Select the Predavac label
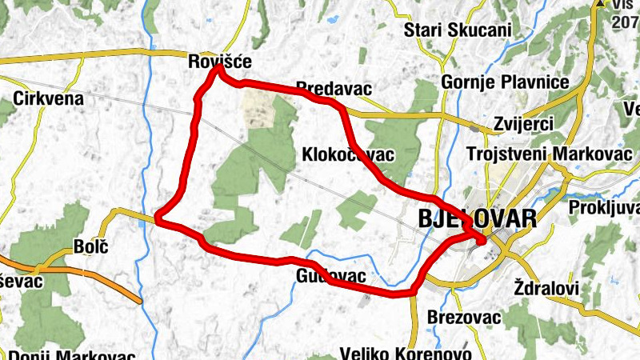pos(334,88)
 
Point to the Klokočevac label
pos(349,154)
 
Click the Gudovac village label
pos(330,277)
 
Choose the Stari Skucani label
pos(458,30)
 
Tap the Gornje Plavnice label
pos(505,83)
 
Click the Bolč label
pos(90,246)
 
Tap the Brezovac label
pos(464,318)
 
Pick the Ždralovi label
pos(547,287)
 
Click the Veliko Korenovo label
pos(397,353)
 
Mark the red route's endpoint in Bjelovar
pos(482,239)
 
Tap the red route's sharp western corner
pos(158,217)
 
